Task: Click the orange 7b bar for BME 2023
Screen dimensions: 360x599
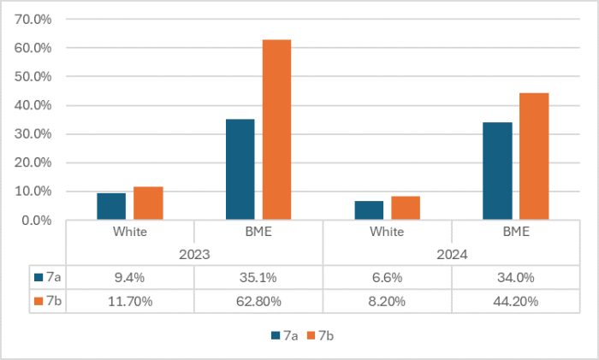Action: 276,130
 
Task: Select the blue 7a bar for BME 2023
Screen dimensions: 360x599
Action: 240,169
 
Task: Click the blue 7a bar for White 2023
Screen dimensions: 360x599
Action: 111,206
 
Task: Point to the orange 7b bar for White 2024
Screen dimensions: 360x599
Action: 405,208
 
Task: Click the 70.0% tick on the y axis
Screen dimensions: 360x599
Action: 35,19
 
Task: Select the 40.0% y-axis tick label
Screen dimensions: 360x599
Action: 35,105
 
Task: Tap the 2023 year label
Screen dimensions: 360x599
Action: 194,254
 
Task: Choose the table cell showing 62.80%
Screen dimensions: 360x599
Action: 258,301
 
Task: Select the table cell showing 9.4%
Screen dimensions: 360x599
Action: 130,277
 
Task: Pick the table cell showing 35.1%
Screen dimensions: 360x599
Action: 258,277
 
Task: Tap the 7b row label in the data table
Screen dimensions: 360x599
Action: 48,301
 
